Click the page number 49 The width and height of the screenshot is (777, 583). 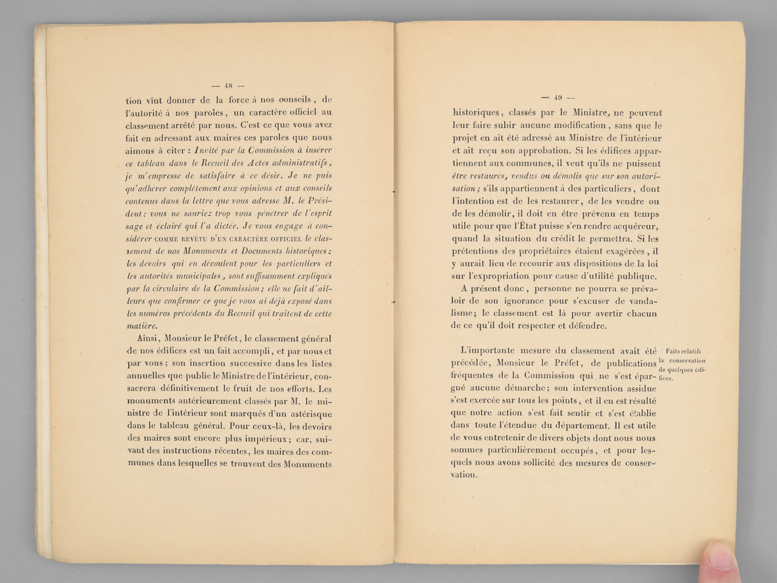tap(558, 96)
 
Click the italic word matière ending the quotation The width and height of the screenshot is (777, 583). tap(141, 326)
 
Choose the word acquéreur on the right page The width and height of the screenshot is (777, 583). tap(635, 226)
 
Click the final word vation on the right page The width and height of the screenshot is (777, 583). tap(464, 475)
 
